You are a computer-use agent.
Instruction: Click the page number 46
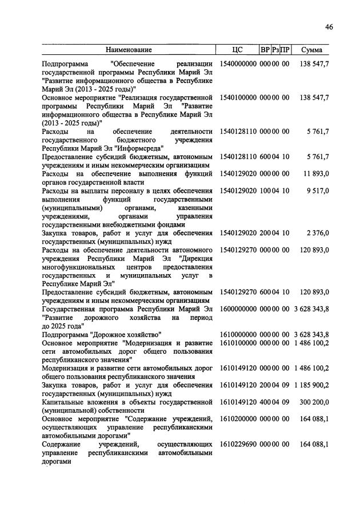click(x=329, y=27)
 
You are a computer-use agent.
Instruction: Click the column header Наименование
click(x=129, y=50)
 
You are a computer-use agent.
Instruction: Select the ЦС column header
click(x=238, y=50)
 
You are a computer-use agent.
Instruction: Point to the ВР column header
click(x=265, y=50)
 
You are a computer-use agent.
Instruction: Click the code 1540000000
click(x=238, y=64)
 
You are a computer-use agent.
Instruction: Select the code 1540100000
click(x=238, y=98)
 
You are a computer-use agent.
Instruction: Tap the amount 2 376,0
click(x=318, y=233)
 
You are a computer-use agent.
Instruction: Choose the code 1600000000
click(x=238, y=309)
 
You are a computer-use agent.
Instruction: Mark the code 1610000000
click(x=238, y=334)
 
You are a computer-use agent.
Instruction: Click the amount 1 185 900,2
click(x=311, y=385)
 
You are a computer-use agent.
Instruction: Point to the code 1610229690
click(x=238, y=445)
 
